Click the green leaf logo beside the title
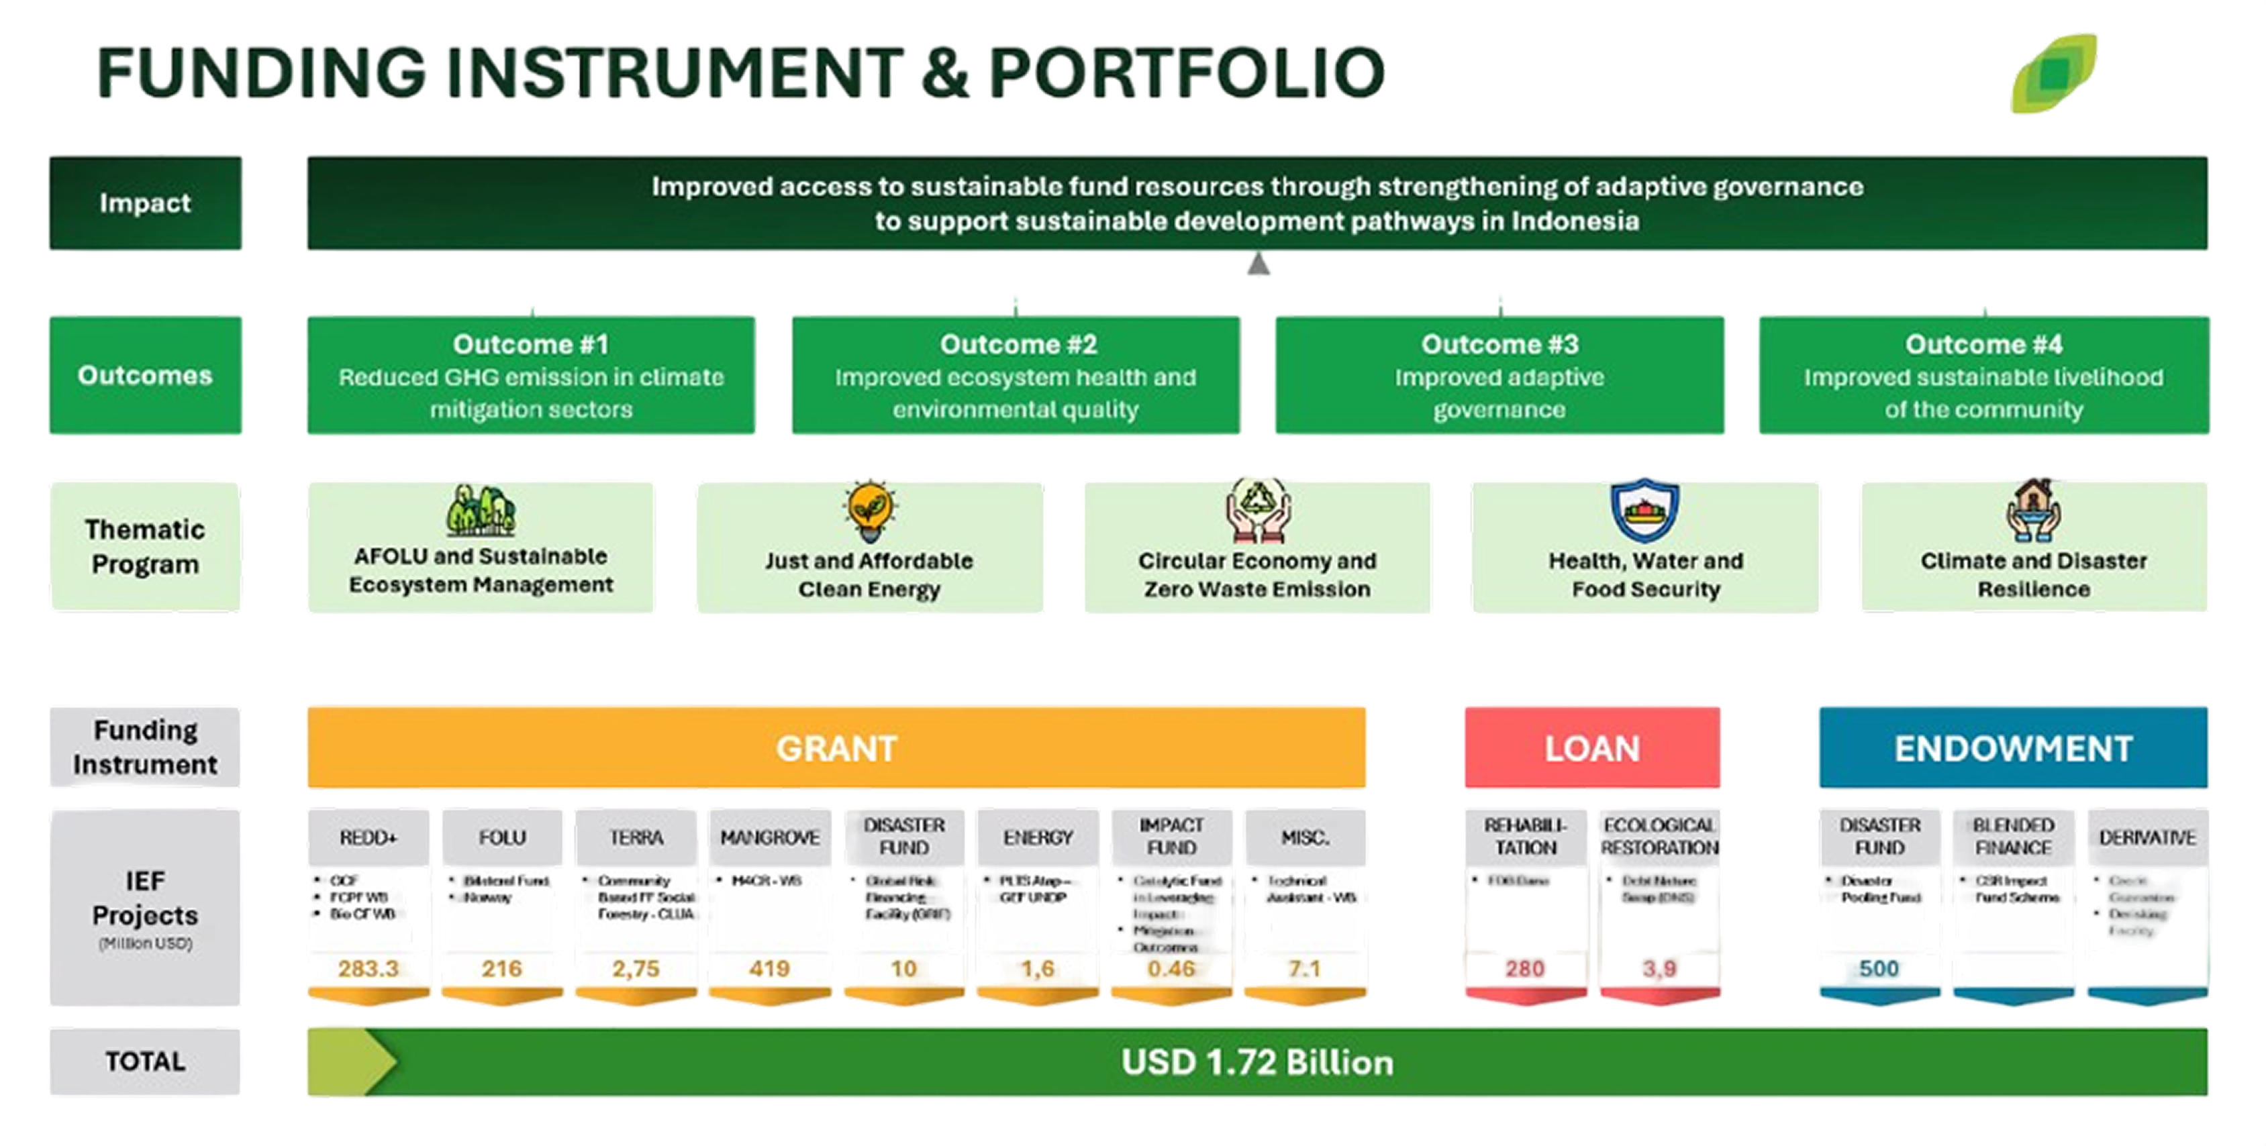tap(2054, 73)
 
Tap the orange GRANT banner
tap(836, 747)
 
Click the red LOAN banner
tap(1591, 747)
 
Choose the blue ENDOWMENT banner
tap(2013, 747)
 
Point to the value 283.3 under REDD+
tap(368, 968)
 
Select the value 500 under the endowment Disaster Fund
tap(1878, 968)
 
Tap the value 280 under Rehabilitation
tap(1524, 968)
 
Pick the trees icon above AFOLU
tap(481, 510)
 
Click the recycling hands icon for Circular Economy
tap(1257, 510)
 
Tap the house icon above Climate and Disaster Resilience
tap(2033, 510)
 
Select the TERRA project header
tap(636, 837)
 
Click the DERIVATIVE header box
tap(2147, 837)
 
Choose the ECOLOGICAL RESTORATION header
tap(1659, 837)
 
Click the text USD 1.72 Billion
tap(1257, 1062)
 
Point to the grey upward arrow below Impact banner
tap(1258, 264)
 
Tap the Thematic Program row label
tap(145, 546)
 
